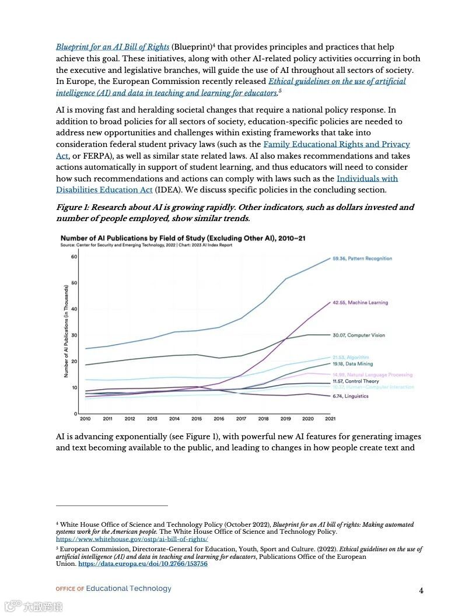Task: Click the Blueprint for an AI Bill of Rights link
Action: [x=113, y=47]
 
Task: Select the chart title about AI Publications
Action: [x=183, y=238]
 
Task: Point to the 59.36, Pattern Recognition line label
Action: [x=362, y=258]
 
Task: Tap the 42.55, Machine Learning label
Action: [x=360, y=303]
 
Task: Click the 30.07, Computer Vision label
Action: [x=359, y=335]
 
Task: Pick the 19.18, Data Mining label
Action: [x=353, y=364]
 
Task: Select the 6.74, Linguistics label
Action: [x=351, y=396]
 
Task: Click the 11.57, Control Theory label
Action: [x=356, y=381]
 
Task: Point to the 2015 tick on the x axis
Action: [x=197, y=419]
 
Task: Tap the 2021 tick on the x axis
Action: [x=330, y=419]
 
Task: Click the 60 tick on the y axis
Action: [x=74, y=257]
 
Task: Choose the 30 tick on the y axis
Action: [x=74, y=335]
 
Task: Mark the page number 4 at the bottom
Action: [x=421, y=590]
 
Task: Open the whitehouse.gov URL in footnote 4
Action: [x=132, y=540]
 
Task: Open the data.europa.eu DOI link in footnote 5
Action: [x=143, y=564]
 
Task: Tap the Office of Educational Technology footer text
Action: [x=114, y=589]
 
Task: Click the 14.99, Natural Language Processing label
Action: [x=372, y=374]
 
